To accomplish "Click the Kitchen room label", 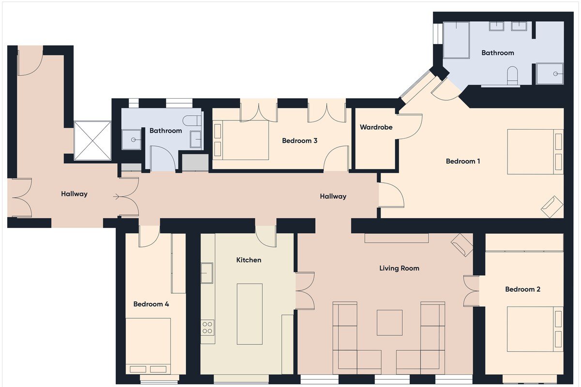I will pyautogui.click(x=248, y=260).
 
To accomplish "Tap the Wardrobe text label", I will pyautogui.click(x=376, y=127).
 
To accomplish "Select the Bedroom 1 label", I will pyautogui.click(x=463, y=161).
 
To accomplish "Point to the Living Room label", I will pyautogui.click(x=399, y=268).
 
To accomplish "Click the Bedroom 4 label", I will pyautogui.click(x=151, y=304).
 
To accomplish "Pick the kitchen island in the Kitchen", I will pyautogui.click(x=249, y=313).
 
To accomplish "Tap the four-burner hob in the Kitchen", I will pyautogui.click(x=208, y=327).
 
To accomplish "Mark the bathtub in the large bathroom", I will pyautogui.click(x=457, y=40).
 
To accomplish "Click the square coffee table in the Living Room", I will pyautogui.click(x=390, y=323).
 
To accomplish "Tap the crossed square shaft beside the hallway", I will pyautogui.click(x=92, y=140).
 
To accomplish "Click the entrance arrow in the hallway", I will pyautogui.click(x=117, y=197).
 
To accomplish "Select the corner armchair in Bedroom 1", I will pyautogui.click(x=551, y=207).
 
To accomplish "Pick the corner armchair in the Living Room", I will pyautogui.click(x=462, y=245).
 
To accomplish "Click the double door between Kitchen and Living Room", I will pyautogui.click(x=305, y=290).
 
